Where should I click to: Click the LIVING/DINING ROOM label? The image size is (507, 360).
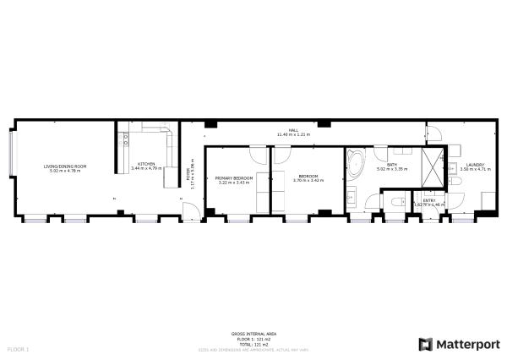pyautogui.click(x=65, y=166)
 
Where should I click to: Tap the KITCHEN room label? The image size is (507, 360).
pyautogui.click(x=145, y=164)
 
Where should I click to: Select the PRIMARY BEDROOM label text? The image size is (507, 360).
pyautogui.click(x=233, y=177)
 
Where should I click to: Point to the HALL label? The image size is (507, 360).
pyautogui.click(x=293, y=129)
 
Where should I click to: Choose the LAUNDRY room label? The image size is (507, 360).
pyautogui.click(x=472, y=164)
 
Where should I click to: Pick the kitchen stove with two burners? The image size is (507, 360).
pyautogui.click(x=124, y=138)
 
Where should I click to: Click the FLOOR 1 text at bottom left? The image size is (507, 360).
pyautogui.click(x=18, y=348)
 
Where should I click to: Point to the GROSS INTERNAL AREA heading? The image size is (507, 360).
pyautogui.click(x=250, y=334)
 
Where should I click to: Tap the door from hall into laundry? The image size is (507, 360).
pyautogui.click(x=433, y=131)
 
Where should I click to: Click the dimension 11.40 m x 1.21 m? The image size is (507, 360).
pyautogui.click(x=293, y=134)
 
